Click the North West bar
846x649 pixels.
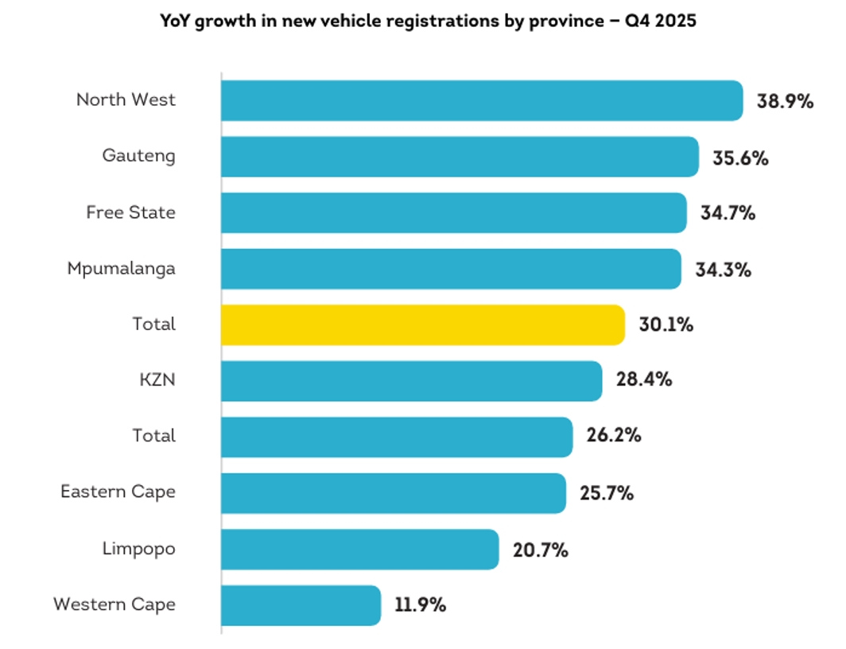click(x=481, y=101)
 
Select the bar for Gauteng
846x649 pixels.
click(x=460, y=157)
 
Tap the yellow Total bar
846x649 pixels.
click(x=422, y=324)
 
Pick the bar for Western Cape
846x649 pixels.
click(x=301, y=605)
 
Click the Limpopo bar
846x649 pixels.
click(x=359, y=550)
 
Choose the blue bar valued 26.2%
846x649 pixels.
click(x=396, y=437)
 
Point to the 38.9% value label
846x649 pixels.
click(x=785, y=102)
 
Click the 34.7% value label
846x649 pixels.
click(x=728, y=213)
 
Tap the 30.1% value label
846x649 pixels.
click(x=666, y=324)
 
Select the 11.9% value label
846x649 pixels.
click(x=420, y=605)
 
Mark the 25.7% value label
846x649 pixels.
click(x=607, y=493)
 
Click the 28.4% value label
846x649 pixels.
click(x=644, y=380)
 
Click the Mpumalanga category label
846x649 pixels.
click(x=121, y=269)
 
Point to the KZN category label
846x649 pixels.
click(x=157, y=380)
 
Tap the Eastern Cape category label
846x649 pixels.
click(x=118, y=492)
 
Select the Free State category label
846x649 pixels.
click(x=130, y=213)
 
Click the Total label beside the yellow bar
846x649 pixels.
click(x=154, y=324)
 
